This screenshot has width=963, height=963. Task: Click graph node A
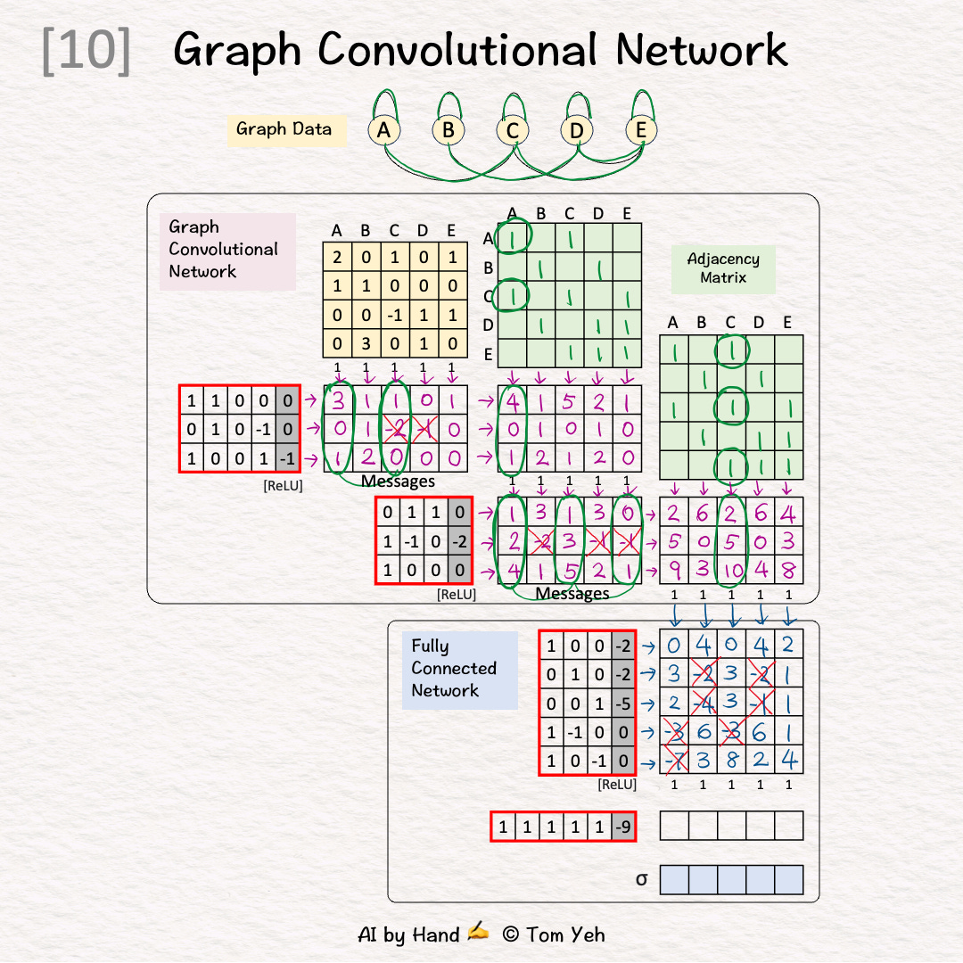383,131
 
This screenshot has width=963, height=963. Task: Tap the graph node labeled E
640,131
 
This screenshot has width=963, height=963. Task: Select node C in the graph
512,131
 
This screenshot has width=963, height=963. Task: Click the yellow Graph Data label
284,129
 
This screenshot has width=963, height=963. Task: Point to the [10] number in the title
86,51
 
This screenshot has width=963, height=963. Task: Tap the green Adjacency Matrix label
723,268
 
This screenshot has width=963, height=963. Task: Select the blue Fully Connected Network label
454,668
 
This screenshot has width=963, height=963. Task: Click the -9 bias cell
623,827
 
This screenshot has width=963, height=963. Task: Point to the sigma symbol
641,879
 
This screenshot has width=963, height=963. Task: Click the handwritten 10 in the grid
731,570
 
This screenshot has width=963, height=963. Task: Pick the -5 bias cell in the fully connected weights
623,704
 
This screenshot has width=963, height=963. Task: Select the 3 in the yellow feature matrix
366,343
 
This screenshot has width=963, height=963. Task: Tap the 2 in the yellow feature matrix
337,258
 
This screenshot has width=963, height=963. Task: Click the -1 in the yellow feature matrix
394,315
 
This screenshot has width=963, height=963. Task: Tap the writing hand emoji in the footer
479,933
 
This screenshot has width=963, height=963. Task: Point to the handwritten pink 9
674,570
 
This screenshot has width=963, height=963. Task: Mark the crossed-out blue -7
674,760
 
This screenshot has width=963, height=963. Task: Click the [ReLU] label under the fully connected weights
617,785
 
